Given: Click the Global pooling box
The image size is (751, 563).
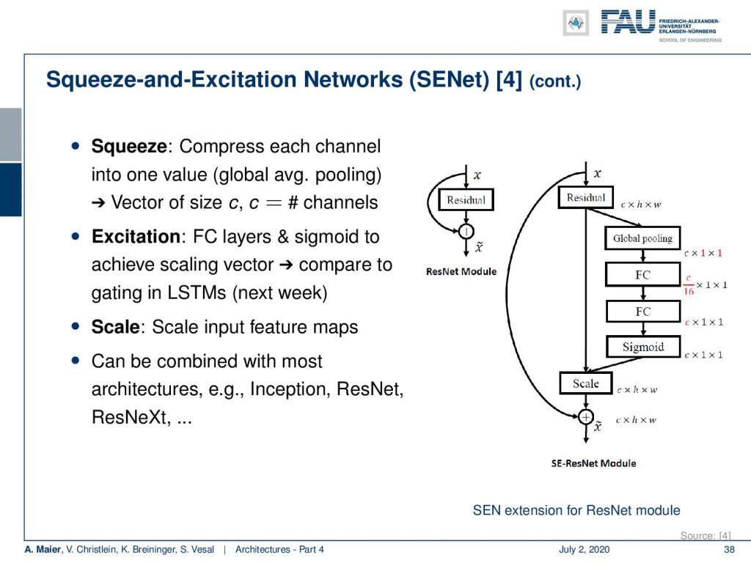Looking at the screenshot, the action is (x=642, y=238).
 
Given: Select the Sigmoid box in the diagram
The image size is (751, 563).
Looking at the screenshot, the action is (x=643, y=347).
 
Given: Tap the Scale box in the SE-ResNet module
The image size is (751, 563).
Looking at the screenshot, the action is (x=586, y=383).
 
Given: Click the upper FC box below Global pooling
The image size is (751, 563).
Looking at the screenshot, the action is (x=642, y=274).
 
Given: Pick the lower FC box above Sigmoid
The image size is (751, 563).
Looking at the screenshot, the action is (x=643, y=312).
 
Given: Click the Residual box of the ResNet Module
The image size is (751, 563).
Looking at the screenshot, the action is (x=466, y=199).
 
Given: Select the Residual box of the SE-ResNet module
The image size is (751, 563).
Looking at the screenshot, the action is (x=586, y=197).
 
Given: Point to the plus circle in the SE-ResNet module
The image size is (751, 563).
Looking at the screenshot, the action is (x=586, y=417).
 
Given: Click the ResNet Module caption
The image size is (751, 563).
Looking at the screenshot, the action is (x=461, y=271).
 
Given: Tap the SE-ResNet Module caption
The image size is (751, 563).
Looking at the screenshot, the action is (x=593, y=463).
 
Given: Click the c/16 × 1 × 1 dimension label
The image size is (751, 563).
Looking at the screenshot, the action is (x=705, y=284).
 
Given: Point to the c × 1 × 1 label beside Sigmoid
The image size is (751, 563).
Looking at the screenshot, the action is (x=703, y=355).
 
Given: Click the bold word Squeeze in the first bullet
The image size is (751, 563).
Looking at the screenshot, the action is (x=129, y=147).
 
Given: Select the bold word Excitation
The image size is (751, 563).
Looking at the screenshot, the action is (x=136, y=237).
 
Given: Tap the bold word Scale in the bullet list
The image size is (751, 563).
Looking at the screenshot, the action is (x=115, y=327).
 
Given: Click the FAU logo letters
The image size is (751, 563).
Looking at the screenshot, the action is (x=628, y=22).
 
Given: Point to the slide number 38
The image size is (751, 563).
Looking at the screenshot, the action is (x=729, y=549).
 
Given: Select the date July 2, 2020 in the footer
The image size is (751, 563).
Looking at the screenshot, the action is (x=584, y=549).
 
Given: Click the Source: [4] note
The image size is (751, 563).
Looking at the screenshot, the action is (x=706, y=535).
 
